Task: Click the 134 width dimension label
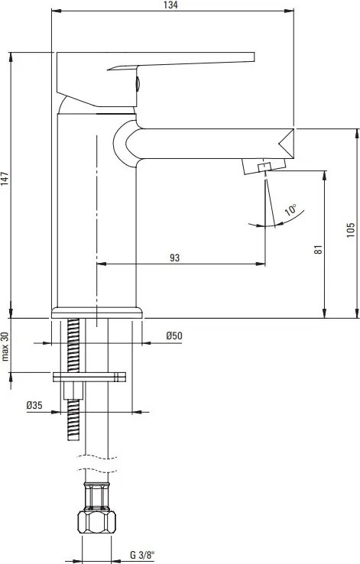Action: [170, 5]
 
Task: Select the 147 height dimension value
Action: [5, 179]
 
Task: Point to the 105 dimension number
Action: [350, 230]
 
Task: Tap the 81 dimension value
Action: [318, 250]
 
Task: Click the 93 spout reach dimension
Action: [174, 258]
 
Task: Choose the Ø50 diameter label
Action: [174, 335]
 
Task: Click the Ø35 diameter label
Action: [34, 405]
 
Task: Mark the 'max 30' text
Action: [5, 346]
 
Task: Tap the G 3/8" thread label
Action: [142, 555]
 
